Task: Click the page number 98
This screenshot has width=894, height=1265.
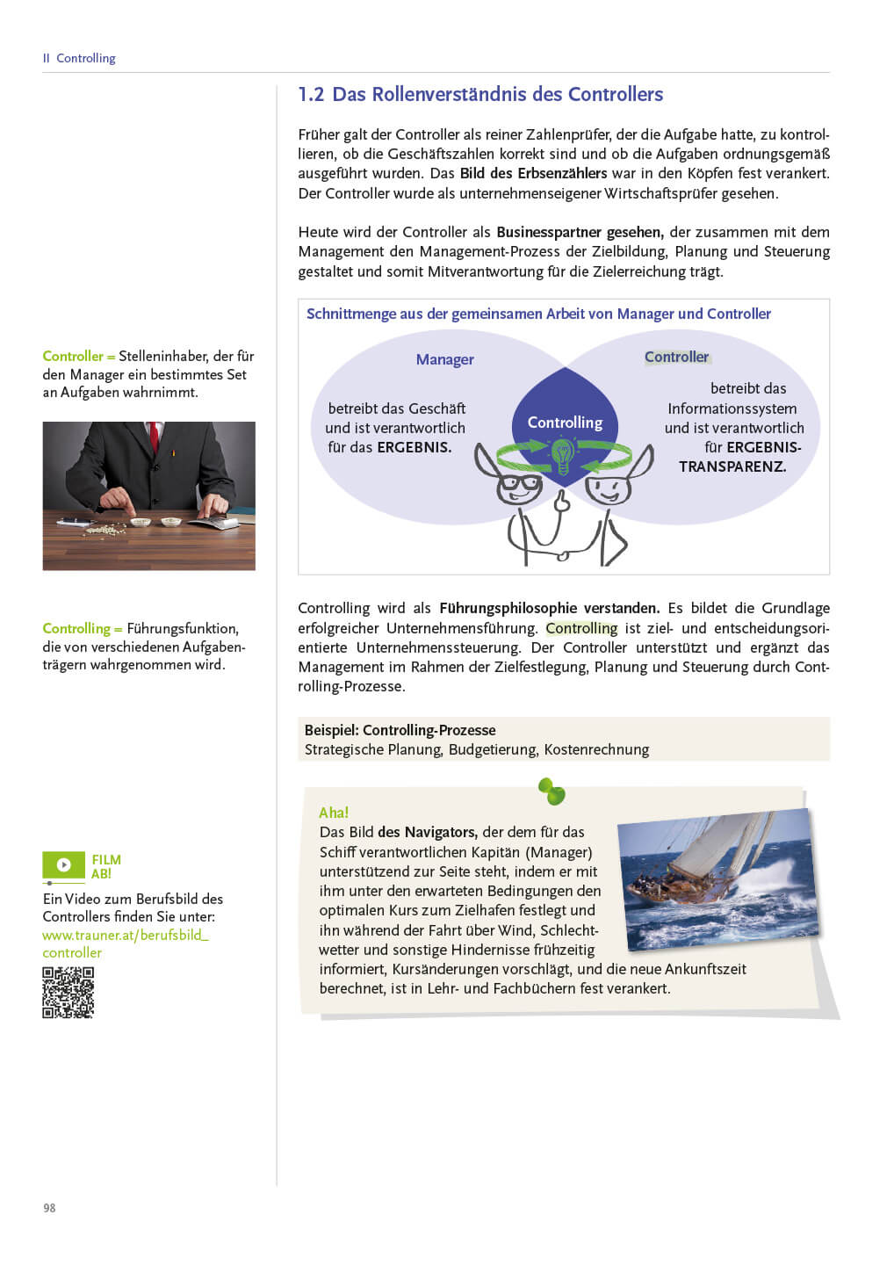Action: [x=49, y=1208]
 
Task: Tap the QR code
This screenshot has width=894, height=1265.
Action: [x=68, y=993]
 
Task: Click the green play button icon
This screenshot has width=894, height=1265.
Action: [x=64, y=865]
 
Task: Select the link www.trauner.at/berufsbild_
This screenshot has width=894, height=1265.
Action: [x=126, y=935]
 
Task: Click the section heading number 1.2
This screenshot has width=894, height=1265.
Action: [x=311, y=95]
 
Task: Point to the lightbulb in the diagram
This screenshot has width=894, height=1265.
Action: [x=562, y=455]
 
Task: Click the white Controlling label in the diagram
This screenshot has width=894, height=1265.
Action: [x=565, y=423]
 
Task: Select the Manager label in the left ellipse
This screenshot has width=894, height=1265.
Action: [x=444, y=359]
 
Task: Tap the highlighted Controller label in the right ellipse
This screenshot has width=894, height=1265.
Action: [x=676, y=357]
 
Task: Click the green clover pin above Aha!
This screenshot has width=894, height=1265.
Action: [x=552, y=792]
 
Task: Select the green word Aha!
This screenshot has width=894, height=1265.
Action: [x=334, y=813]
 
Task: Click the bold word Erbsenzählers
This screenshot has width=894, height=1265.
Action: [x=562, y=173]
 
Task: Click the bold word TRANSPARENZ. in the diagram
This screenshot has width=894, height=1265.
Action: [x=732, y=466]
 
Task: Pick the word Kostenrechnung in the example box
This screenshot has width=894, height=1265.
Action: [x=596, y=749]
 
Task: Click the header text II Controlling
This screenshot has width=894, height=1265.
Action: [x=79, y=58]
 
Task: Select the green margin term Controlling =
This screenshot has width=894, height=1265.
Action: [x=82, y=628]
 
